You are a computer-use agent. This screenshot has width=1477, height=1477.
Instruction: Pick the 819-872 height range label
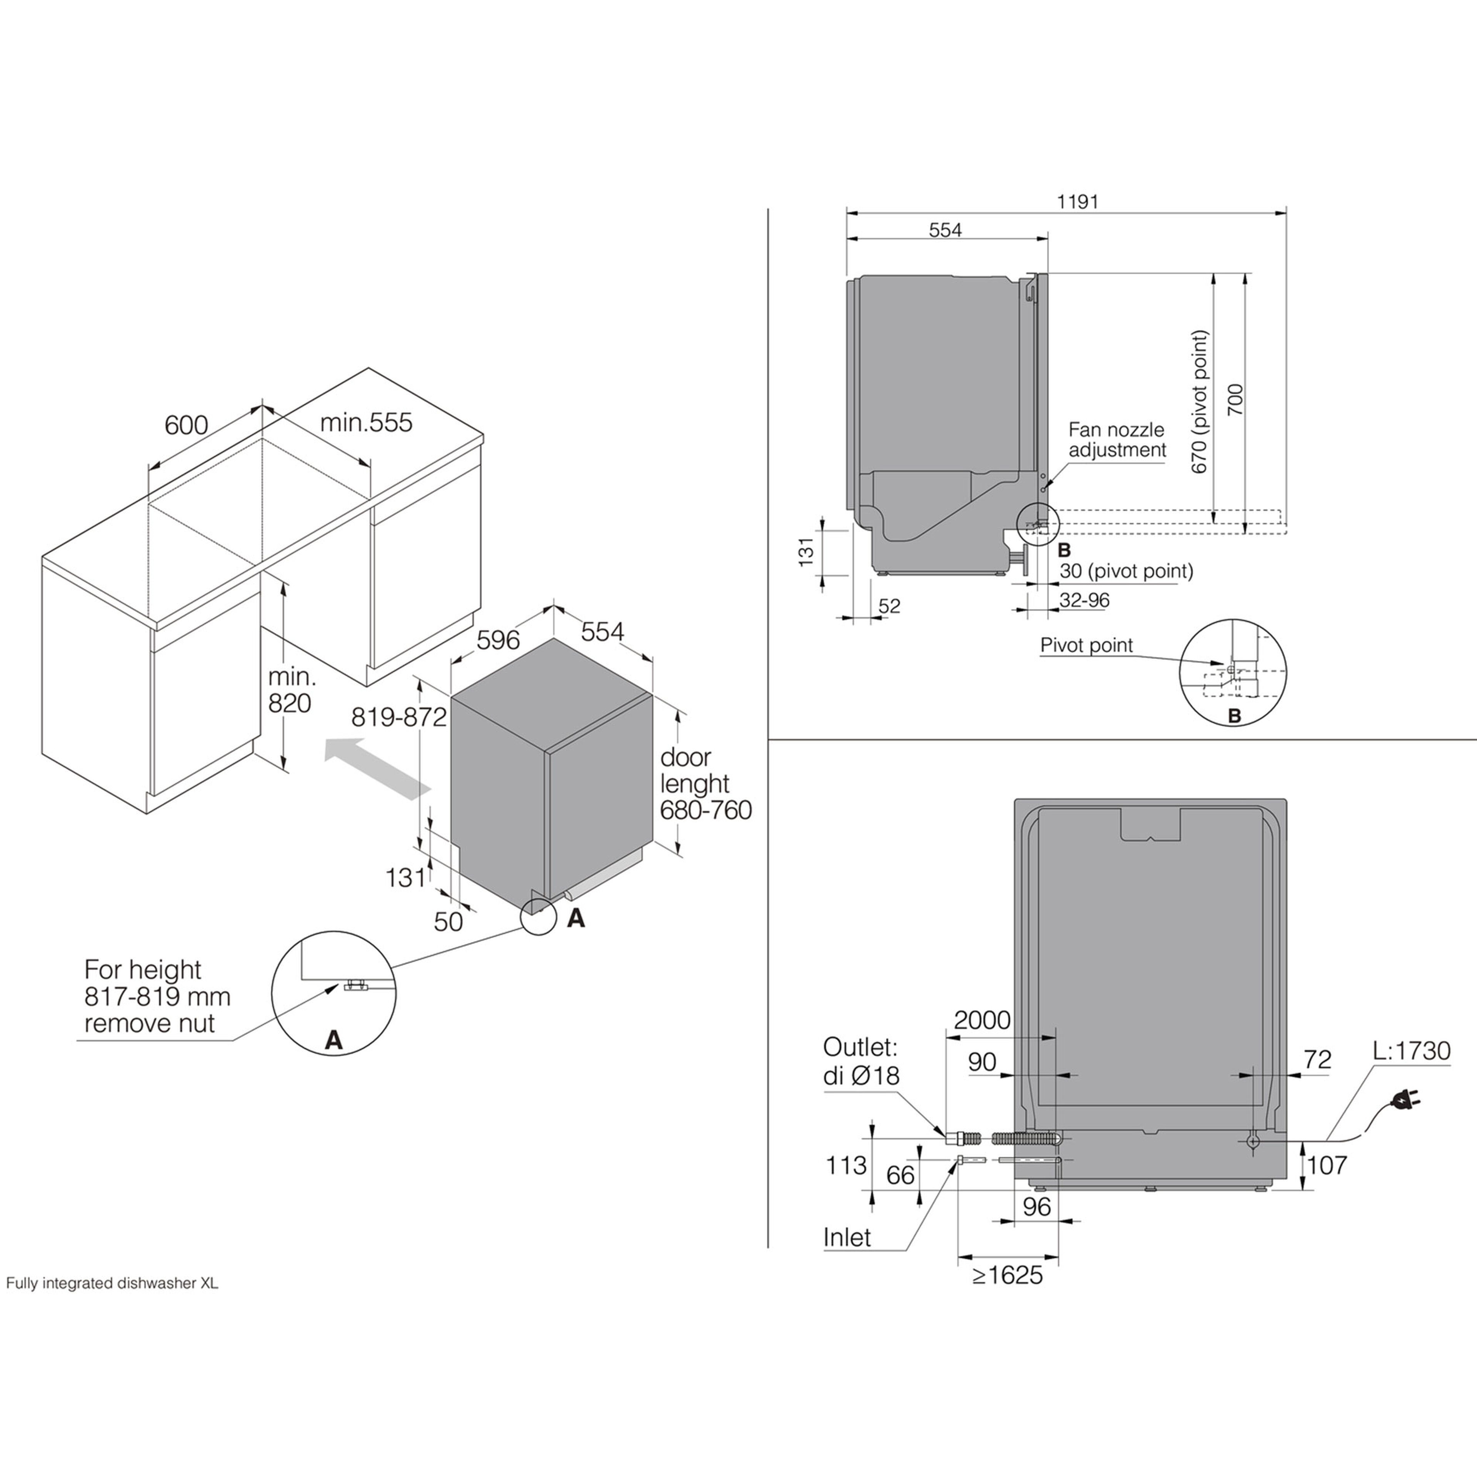[x=398, y=717]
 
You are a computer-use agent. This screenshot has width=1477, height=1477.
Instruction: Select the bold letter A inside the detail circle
[x=333, y=1040]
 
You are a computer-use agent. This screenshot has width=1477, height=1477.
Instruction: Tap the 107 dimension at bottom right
[x=1326, y=1165]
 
